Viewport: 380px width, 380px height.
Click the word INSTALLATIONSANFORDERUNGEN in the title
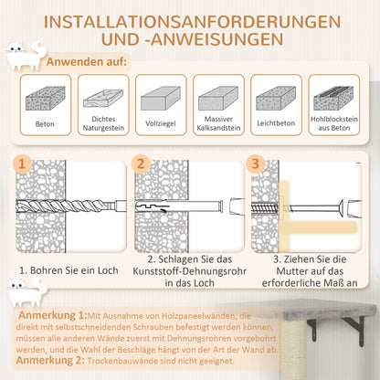point(189,20)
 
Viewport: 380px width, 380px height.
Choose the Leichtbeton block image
point(275,98)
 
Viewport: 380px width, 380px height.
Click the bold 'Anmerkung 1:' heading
point(58,315)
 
